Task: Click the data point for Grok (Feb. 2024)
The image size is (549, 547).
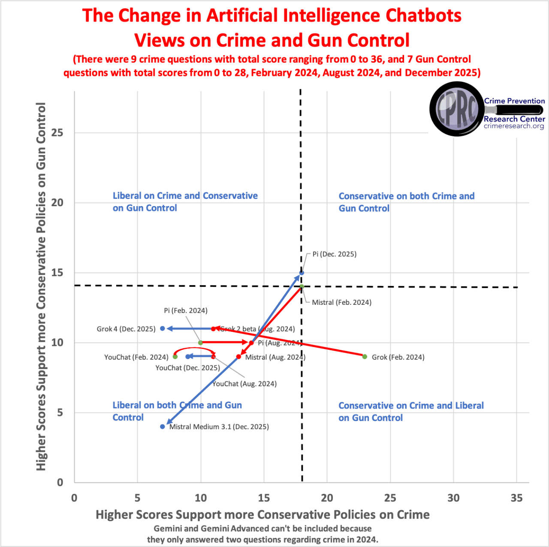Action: click(x=365, y=357)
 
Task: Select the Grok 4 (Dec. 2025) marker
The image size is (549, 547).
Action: click(x=163, y=328)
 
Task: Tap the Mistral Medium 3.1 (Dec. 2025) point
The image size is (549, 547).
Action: click(x=163, y=427)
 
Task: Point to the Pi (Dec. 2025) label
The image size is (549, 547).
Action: click(x=334, y=254)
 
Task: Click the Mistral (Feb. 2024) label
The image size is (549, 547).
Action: click(x=341, y=302)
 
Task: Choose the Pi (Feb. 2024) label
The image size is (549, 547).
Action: click(x=185, y=310)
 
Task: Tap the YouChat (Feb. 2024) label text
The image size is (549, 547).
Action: click(x=136, y=357)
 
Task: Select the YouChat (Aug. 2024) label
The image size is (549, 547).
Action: click(x=244, y=384)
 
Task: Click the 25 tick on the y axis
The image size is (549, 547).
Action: click(x=57, y=132)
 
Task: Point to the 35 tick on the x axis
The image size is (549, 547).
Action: click(x=516, y=498)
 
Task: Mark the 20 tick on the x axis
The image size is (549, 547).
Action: click(x=327, y=498)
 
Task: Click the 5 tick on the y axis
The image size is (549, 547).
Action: click(x=60, y=412)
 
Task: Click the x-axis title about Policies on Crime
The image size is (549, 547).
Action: click(x=262, y=514)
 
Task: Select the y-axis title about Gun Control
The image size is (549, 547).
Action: click(x=41, y=286)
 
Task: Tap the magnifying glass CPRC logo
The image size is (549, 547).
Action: click(x=457, y=109)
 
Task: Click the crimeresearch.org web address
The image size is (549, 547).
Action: click(x=514, y=126)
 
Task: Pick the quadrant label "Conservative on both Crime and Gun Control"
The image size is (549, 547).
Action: click(x=406, y=202)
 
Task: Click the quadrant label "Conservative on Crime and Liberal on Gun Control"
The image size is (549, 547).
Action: click(x=410, y=412)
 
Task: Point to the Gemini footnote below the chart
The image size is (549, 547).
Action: click(x=262, y=534)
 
